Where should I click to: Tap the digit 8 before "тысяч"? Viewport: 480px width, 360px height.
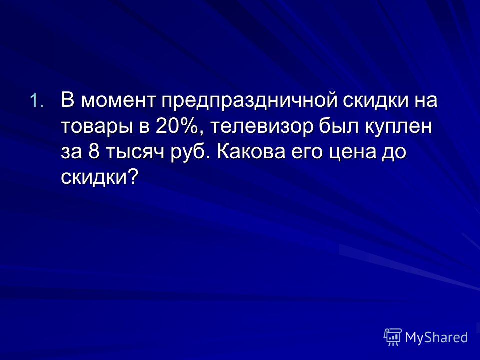tap(94, 151)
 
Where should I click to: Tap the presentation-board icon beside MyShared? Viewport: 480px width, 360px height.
tap(393, 337)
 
